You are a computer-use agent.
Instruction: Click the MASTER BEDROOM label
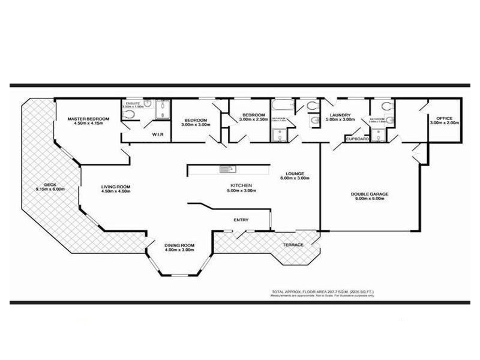point(88,119)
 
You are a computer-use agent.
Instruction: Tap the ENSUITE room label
point(133,104)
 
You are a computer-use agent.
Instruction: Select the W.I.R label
point(158,134)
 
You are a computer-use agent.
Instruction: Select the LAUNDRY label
point(340,115)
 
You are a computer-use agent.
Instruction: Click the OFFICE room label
point(444,118)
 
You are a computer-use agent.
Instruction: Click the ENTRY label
point(241,220)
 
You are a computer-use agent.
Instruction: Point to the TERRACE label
point(293,245)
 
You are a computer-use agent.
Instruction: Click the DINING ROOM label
point(180,245)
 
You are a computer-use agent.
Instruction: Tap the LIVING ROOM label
point(115,187)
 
